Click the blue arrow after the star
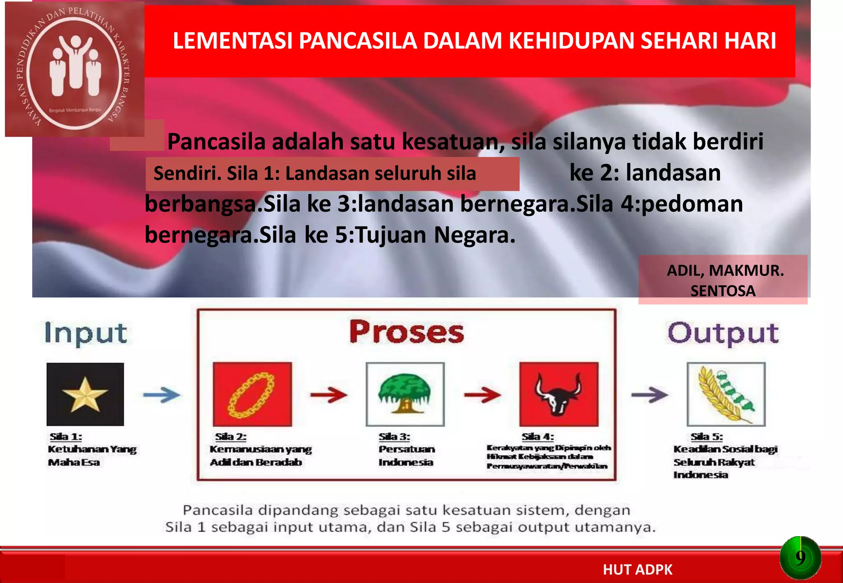pyautogui.click(x=161, y=395)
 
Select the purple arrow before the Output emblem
pyautogui.click(x=649, y=395)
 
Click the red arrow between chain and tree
pyautogui.click(x=328, y=395)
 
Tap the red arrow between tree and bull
pyautogui.click(x=482, y=395)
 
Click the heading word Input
pyautogui.click(x=86, y=333)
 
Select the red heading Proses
pyautogui.click(x=406, y=332)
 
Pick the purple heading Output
pyautogui.click(x=723, y=333)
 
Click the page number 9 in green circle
pyautogui.click(x=800, y=558)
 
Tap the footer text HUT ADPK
pyautogui.click(x=637, y=570)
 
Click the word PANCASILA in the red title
pyautogui.click(x=358, y=41)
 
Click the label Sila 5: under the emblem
pyautogui.click(x=706, y=437)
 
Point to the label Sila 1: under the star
pyautogui.click(x=66, y=437)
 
